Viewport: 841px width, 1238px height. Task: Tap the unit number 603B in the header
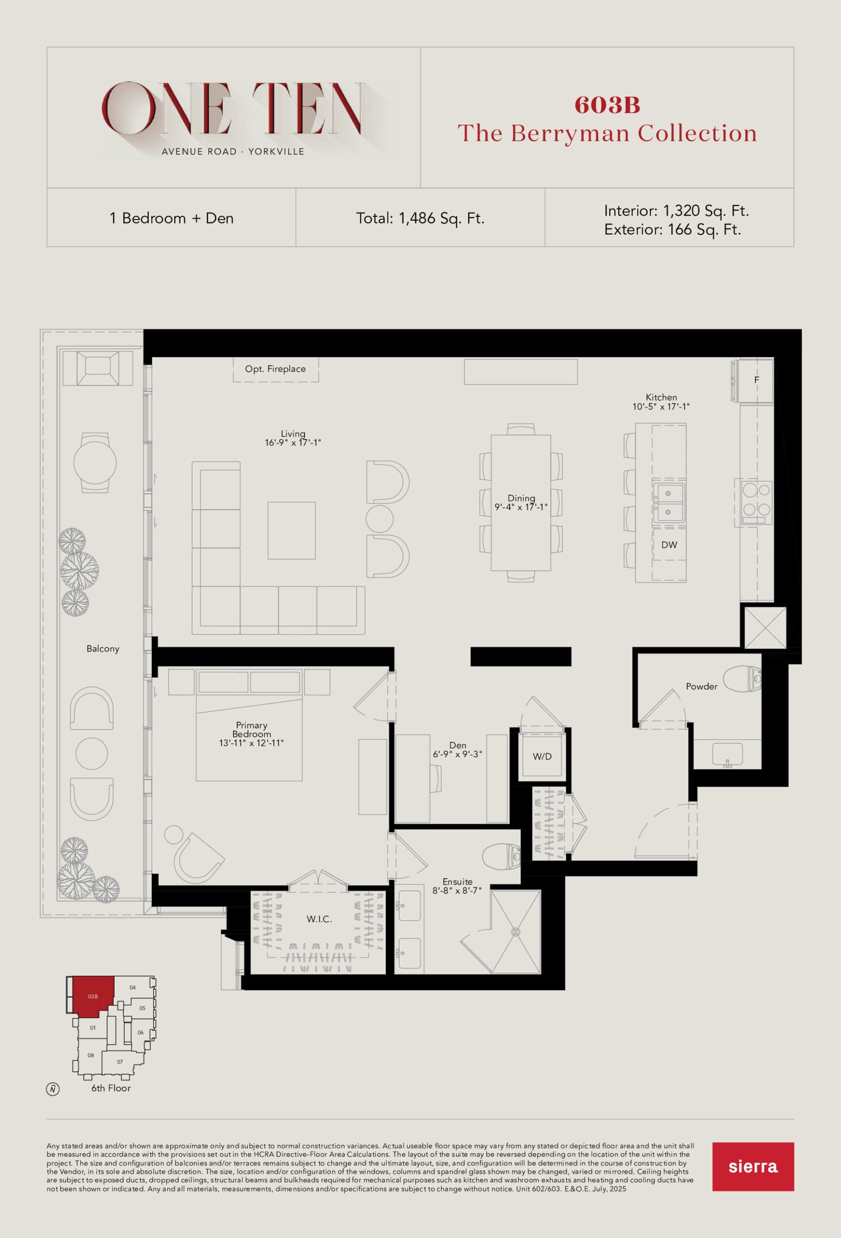(607, 105)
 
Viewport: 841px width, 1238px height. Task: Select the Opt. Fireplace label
(275, 368)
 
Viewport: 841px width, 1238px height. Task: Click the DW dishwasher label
(669, 545)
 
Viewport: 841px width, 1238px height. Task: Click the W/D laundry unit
(542, 756)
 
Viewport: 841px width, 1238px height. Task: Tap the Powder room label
(701, 687)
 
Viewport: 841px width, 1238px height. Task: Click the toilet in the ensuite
(501, 855)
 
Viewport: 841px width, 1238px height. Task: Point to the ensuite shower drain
(516, 932)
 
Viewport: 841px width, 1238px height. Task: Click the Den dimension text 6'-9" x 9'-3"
(457, 754)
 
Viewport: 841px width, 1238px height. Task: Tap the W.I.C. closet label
(319, 919)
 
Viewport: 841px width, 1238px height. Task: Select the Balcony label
(103, 649)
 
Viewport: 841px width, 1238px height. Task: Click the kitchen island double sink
(668, 503)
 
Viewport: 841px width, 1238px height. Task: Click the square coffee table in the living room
(291, 531)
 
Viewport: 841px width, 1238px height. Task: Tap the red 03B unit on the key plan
(93, 996)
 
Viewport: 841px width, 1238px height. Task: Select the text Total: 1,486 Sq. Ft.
(420, 219)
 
